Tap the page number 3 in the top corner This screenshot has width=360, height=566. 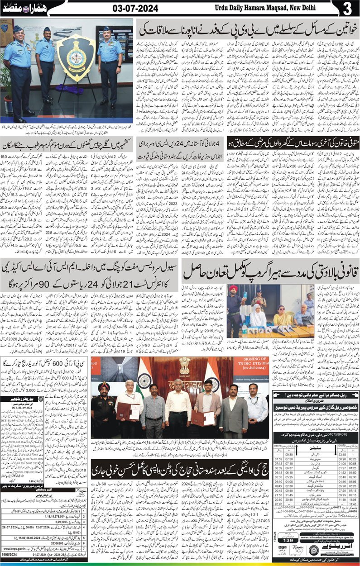(x=347, y=9)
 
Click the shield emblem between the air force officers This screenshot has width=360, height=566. (x=76, y=59)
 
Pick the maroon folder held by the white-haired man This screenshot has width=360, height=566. (x=124, y=413)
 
